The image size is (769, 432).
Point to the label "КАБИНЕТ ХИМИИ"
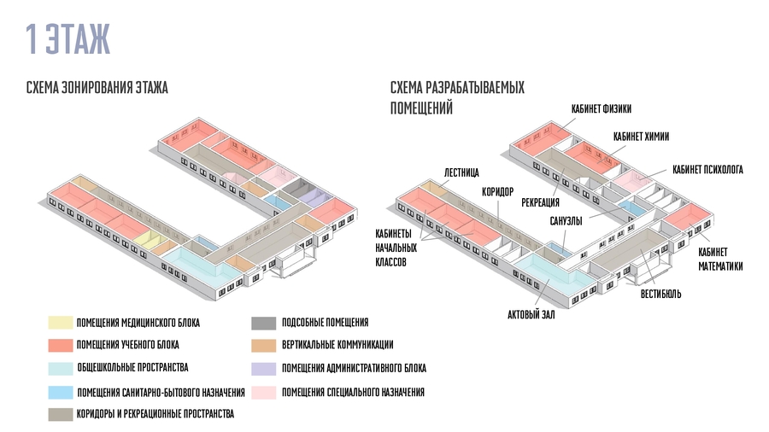(x=642, y=136)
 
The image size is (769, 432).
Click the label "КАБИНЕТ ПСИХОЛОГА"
(x=707, y=170)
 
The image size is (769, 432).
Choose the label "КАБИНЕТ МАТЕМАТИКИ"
(x=719, y=260)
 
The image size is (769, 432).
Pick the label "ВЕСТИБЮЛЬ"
(x=660, y=295)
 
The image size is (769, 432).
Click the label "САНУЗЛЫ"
(x=566, y=221)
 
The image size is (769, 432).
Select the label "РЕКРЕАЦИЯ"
(x=540, y=202)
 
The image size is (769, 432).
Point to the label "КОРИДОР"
(x=497, y=191)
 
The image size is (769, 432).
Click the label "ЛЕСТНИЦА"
(x=461, y=171)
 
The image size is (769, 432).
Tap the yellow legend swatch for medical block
(x=60, y=323)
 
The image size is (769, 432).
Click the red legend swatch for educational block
(x=60, y=345)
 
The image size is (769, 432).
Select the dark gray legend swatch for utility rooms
(x=263, y=323)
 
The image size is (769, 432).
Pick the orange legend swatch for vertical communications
(x=263, y=345)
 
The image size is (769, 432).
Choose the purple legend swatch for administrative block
(x=263, y=368)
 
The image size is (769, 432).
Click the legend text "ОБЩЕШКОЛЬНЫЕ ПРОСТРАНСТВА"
(x=132, y=368)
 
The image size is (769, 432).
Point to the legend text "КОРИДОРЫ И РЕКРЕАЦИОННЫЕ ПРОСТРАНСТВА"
(x=156, y=414)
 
